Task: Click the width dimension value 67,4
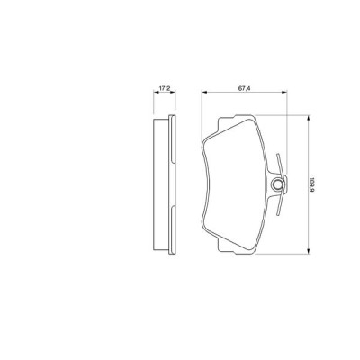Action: (244, 88)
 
